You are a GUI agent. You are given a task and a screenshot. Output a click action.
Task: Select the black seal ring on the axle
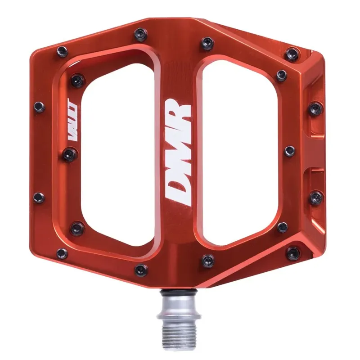coord(180,294)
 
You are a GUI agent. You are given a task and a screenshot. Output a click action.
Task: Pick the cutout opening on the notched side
coord(238,148)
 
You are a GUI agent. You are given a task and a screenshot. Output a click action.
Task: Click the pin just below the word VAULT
coord(69,154)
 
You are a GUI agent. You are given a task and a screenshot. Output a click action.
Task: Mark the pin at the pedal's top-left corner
coord(63,51)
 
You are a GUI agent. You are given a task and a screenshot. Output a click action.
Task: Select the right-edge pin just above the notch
coord(315,108)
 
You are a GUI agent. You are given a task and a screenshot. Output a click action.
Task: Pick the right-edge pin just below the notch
coord(316,197)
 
